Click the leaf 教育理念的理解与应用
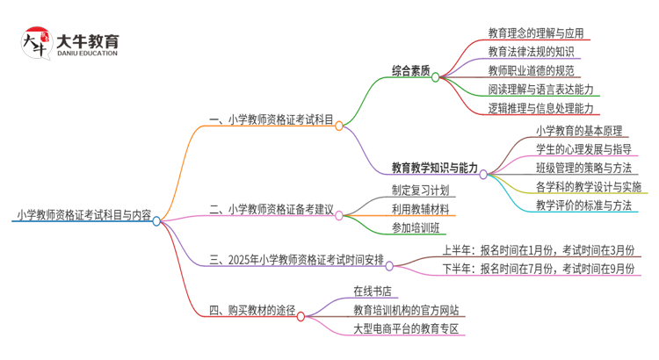pos(536,33)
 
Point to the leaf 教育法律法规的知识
pos(530,52)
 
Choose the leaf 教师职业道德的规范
pos(531,71)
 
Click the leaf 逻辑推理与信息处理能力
pos(540,108)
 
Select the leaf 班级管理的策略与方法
pos(583,167)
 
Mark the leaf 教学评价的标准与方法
pos(583,205)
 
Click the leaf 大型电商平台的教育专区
pos(407,328)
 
